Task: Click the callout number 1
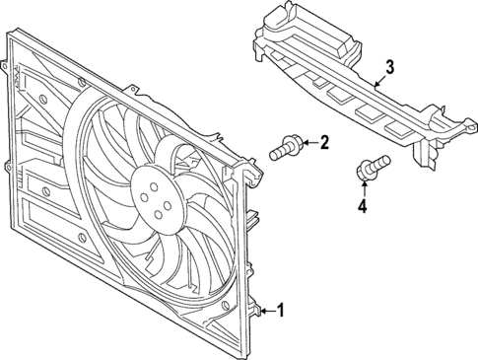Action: click(x=282, y=312)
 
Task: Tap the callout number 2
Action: click(x=322, y=144)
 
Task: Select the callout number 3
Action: click(x=390, y=67)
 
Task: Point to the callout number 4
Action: click(x=363, y=206)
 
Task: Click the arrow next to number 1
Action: click(x=263, y=312)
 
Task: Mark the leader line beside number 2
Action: click(x=307, y=144)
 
